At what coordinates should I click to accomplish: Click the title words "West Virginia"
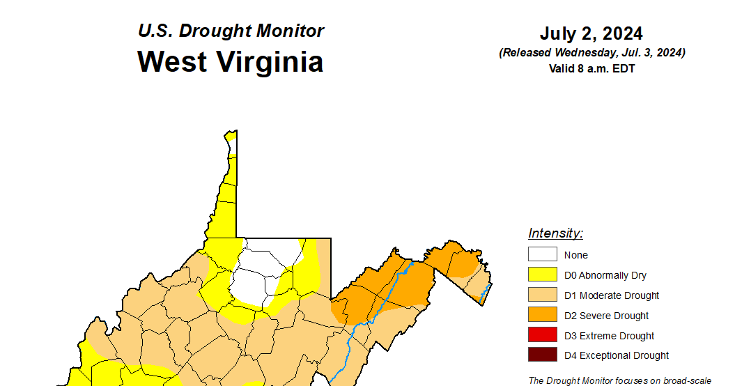click(x=230, y=61)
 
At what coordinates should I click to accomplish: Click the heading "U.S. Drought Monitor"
click(x=231, y=31)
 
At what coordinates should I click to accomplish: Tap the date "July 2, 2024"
click(x=591, y=33)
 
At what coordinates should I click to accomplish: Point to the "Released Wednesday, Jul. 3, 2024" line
click(x=591, y=53)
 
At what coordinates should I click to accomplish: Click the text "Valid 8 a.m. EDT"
click(x=591, y=68)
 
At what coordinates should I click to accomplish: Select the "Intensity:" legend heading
click(x=555, y=233)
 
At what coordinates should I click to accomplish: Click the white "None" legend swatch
click(x=542, y=255)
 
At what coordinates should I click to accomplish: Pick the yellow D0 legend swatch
click(x=542, y=275)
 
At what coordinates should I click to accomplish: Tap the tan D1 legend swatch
click(x=542, y=295)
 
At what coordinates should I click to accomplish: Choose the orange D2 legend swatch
click(x=542, y=316)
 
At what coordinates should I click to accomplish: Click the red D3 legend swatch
click(x=542, y=336)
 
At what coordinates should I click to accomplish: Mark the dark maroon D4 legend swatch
click(x=542, y=355)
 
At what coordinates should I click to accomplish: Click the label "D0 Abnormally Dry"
click(x=605, y=275)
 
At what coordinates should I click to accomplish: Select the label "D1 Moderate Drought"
click(x=612, y=295)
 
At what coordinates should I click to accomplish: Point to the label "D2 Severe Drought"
click(x=606, y=316)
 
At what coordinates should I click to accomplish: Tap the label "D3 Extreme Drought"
click(x=609, y=336)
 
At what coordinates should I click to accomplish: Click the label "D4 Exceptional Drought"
click(x=617, y=355)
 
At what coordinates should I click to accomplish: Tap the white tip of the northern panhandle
click(x=231, y=143)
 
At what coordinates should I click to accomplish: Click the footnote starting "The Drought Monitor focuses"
click(x=619, y=380)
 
